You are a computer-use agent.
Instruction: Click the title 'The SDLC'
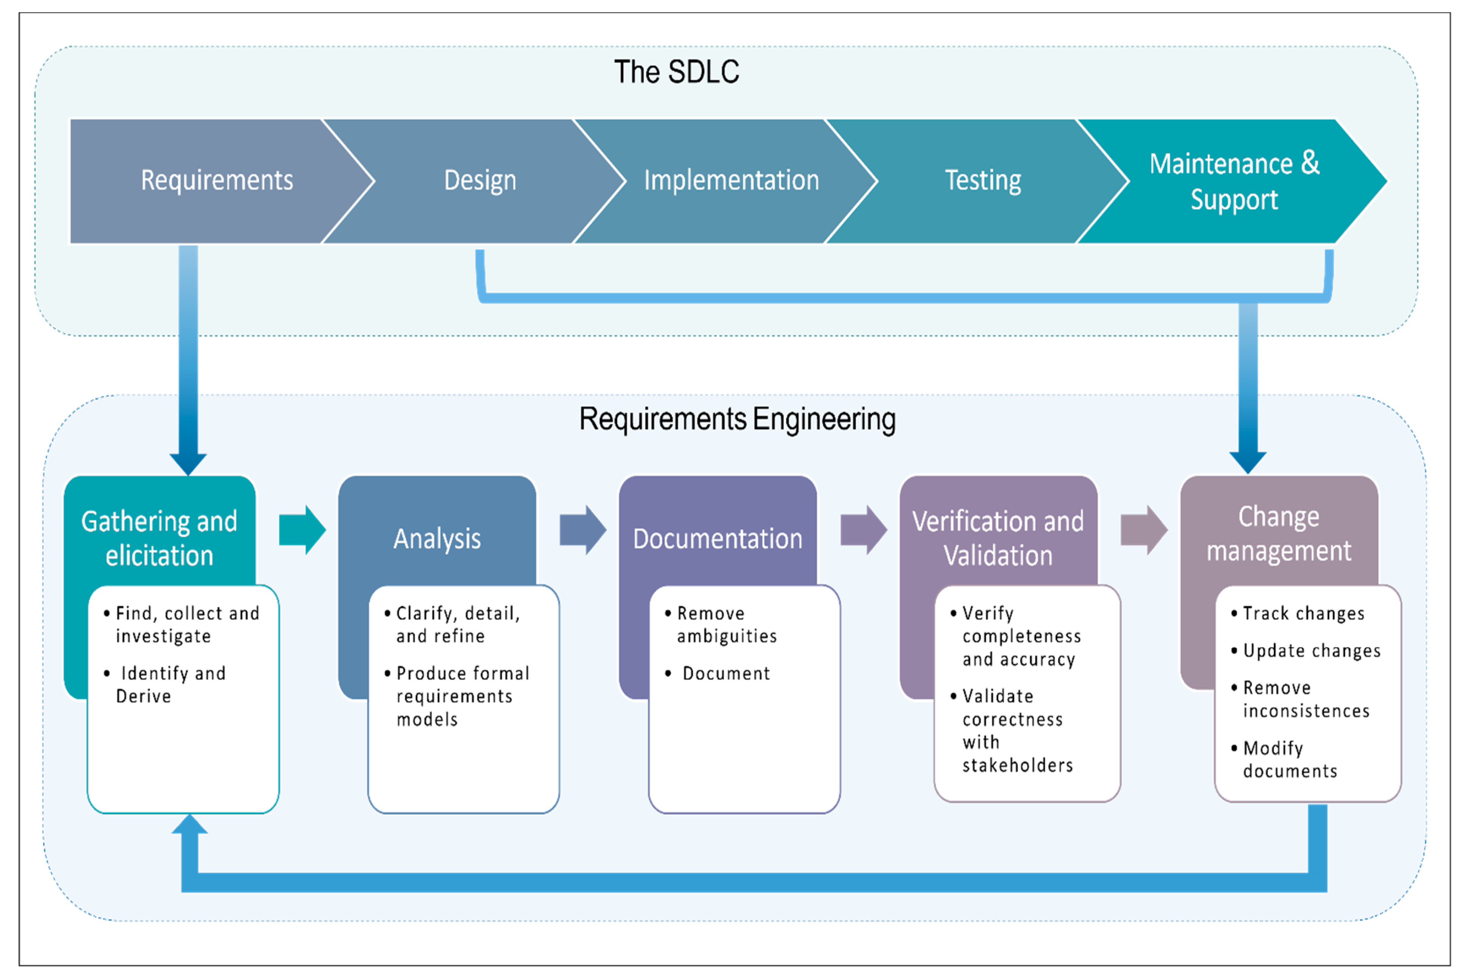(676, 72)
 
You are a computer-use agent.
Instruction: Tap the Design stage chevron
(480, 181)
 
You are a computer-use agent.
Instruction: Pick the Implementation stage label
(731, 181)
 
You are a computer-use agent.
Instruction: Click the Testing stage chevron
(982, 181)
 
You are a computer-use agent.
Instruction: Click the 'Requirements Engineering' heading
(737, 419)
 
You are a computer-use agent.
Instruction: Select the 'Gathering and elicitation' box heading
(159, 538)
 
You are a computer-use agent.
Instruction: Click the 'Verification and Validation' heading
(998, 538)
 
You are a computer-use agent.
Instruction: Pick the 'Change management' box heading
(1279, 534)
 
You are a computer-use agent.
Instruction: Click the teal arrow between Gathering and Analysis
(302, 530)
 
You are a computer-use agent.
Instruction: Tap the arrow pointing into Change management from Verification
(1143, 530)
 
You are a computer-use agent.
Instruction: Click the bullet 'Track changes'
(1304, 614)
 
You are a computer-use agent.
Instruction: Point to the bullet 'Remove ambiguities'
(726, 624)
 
